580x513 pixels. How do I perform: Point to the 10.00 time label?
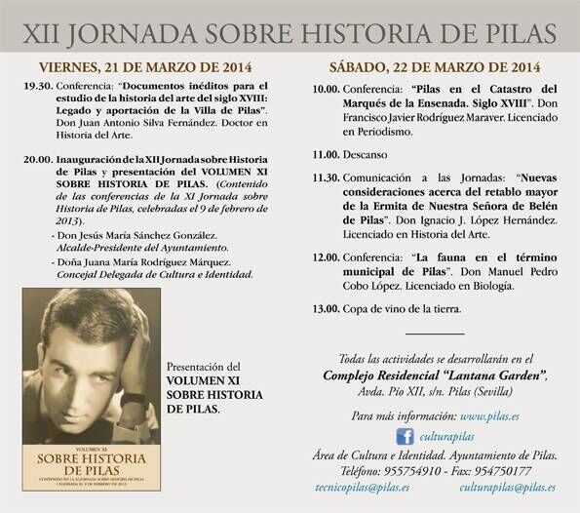click(326, 88)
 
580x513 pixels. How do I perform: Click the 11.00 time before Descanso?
click(326, 154)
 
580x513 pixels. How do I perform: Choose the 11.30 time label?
click(326, 178)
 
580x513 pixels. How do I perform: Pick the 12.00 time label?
click(326, 256)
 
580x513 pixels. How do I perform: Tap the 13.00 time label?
click(326, 308)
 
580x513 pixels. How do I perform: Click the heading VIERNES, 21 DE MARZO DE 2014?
click(145, 67)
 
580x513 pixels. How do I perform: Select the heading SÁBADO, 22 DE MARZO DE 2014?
click(435, 67)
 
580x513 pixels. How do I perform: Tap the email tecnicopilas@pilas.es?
click(362, 488)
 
